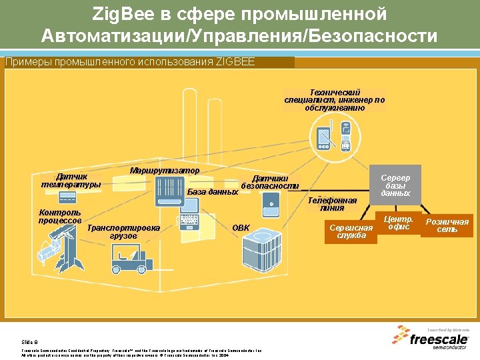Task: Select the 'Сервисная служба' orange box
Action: pos(351,231)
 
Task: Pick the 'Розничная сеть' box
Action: pos(447,225)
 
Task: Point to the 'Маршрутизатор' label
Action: pos(164,170)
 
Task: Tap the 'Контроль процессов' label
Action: pos(60,217)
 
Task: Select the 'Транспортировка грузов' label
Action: pos(123,231)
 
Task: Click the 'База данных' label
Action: pos(212,192)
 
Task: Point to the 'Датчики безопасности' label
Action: pos(269,181)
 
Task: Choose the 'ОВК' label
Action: pos(241,228)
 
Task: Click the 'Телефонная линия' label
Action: pos(332,203)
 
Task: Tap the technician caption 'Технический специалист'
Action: pos(335,100)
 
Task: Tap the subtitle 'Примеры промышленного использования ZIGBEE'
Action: pos(120,62)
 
